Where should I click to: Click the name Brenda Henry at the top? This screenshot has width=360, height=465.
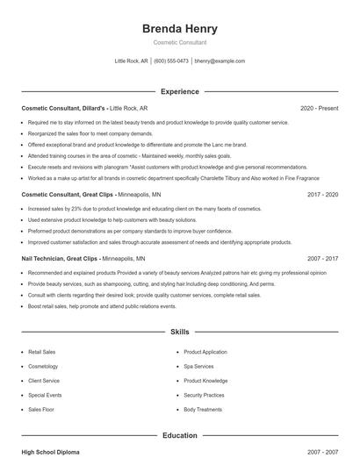coord(179,29)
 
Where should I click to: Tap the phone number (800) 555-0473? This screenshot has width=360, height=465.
coord(171,61)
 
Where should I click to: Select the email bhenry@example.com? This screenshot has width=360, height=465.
coord(220,61)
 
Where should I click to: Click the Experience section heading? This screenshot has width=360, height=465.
coord(179,91)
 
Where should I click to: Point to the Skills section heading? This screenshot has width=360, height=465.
coord(179,333)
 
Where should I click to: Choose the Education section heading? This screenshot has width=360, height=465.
coord(179,434)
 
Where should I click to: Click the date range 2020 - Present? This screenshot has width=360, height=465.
coord(319,108)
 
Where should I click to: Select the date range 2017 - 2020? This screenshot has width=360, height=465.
coord(322,194)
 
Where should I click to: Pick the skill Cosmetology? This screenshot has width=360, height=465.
coord(43,366)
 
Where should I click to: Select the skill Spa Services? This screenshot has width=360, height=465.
coord(198,366)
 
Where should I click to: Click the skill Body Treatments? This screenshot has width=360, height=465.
coord(202,409)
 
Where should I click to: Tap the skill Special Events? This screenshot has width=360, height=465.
coord(45,395)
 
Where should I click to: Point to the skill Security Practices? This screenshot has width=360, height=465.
coord(205,395)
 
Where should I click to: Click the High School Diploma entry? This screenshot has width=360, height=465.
coord(50,451)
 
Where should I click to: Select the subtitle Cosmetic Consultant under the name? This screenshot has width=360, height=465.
coord(179,43)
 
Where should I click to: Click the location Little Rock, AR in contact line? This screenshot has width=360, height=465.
coord(132,61)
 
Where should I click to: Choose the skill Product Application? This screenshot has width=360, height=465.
coord(205,351)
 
